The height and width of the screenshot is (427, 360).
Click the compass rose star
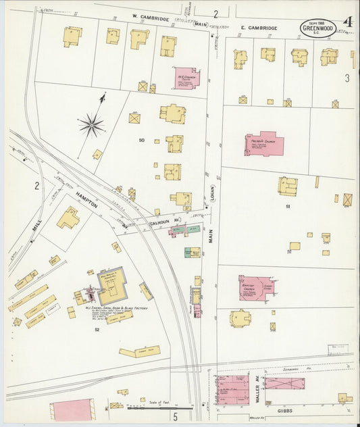(91, 124)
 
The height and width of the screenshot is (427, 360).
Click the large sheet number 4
(348, 22)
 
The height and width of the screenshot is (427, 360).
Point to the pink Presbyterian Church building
(263, 144)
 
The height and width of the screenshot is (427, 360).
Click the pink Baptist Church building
(255, 287)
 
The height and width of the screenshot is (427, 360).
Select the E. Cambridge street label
(259, 28)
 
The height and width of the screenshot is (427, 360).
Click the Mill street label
(38, 232)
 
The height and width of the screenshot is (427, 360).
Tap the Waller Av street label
(258, 392)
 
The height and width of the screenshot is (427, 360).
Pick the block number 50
(142, 140)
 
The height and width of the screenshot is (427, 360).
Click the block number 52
(97, 329)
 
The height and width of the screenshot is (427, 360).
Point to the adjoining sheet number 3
(347, 78)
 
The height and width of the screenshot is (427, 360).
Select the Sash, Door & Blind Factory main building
(111, 286)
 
